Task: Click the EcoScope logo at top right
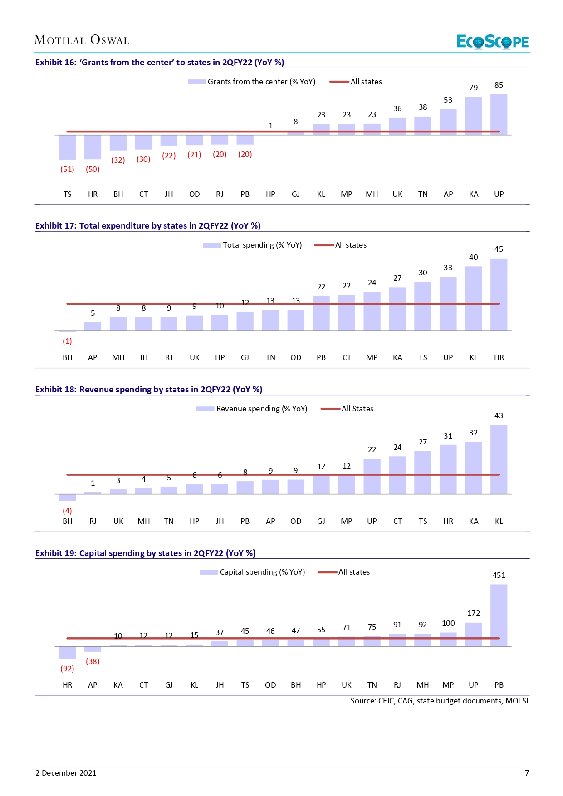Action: click(493, 42)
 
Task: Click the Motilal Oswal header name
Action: click(82, 40)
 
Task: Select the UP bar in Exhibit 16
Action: click(499, 114)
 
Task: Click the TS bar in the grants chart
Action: click(67, 147)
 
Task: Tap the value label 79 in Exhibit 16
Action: click(473, 88)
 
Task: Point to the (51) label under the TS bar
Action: click(67, 169)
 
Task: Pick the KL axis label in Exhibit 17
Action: click(473, 357)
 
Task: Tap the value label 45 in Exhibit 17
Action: click(499, 249)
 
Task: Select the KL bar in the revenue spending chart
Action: click(499, 459)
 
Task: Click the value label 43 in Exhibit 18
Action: click(499, 415)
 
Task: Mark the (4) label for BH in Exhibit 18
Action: click(67, 511)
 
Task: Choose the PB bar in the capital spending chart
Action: click(499, 615)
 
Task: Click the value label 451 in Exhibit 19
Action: click(499, 575)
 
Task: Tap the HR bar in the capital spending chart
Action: click(67, 652)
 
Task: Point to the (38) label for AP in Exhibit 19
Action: click(93, 661)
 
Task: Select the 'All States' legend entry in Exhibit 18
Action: click(357, 409)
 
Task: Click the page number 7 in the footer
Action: click(527, 773)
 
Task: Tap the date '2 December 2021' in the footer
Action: click(66, 773)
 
